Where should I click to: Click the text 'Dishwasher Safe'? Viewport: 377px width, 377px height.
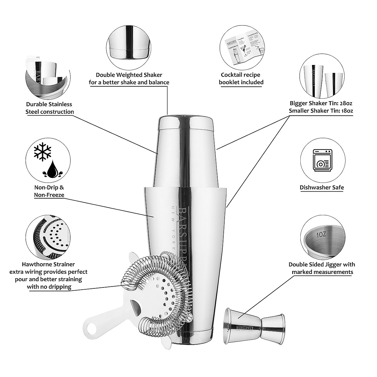322,188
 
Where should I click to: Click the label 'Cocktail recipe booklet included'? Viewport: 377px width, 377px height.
241,79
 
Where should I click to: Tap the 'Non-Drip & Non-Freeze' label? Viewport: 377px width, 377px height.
49,191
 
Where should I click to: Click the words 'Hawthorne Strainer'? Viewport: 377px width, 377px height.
48,264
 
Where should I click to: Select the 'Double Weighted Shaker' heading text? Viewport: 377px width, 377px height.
129,75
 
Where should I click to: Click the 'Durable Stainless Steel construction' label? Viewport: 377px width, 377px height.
50,108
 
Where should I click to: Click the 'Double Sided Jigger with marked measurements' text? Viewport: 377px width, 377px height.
322,268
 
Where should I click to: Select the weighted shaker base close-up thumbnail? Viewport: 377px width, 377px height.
129,45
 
